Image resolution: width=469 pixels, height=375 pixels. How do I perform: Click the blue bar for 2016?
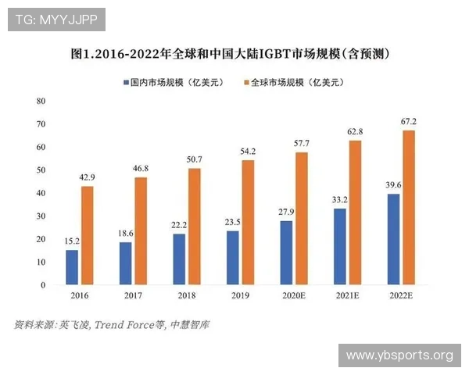(72, 267)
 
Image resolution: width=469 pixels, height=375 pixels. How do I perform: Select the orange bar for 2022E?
(409, 208)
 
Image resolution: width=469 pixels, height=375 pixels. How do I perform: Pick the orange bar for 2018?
(195, 227)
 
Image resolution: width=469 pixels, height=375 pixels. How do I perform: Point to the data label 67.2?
(409, 121)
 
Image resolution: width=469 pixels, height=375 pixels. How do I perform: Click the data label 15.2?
(71, 241)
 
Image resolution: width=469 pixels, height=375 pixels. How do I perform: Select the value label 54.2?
(248, 151)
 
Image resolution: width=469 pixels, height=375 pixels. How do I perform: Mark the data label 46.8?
(141, 168)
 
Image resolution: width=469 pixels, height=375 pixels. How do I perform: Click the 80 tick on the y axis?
(41, 102)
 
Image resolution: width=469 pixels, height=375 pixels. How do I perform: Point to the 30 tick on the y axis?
(41, 216)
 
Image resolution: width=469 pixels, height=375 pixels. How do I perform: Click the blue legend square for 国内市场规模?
(125, 82)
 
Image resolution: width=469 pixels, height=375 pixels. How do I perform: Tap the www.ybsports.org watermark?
(399, 355)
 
